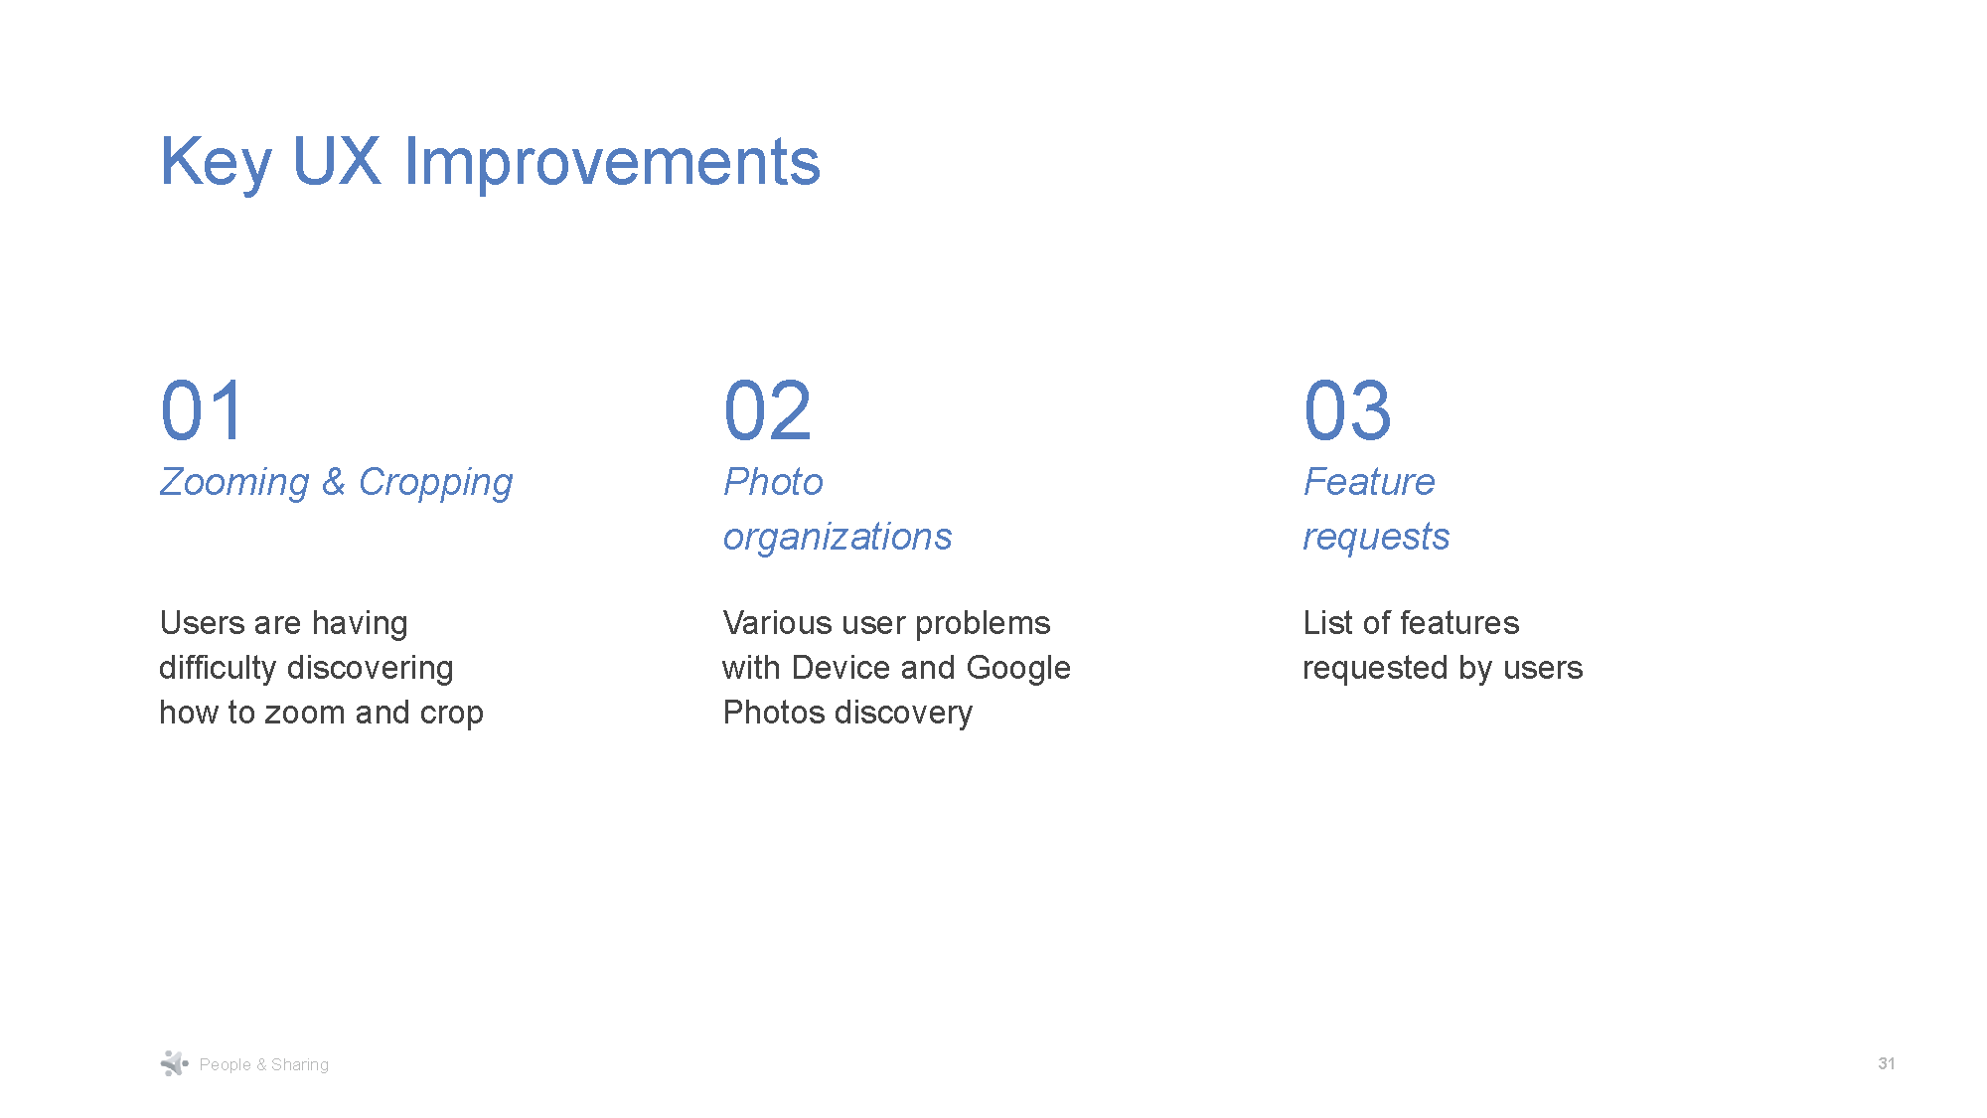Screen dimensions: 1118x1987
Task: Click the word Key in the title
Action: click(x=215, y=162)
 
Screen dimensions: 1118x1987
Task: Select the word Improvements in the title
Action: click(x=612, y=162)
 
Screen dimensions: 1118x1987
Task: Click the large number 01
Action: click(x=202, y=410)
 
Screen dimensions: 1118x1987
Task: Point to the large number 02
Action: click(x=767, y=410)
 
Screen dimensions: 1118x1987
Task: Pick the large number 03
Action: click(x=1347, y=410)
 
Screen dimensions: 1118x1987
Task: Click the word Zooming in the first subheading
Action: click(x=234, y=483)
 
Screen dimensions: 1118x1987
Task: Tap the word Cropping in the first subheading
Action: click(x=435, y=483)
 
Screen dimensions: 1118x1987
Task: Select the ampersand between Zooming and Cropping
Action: click(x=333, y=482)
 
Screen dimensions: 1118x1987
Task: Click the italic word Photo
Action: click(x=773, y=482)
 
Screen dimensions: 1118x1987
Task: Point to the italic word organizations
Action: click(x=837, y=538)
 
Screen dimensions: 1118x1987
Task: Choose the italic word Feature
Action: click(x=1369, y=482)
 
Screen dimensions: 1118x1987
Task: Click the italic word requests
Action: click(x=1376, y=538)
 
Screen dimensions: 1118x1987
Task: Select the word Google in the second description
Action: click(x=1018, y=668)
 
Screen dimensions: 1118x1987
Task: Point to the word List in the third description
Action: click(x=1327, y=623)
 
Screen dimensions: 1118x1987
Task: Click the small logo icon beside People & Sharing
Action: click(x=174, y=1063)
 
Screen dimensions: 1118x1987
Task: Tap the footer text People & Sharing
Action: click(x=263, y=1064)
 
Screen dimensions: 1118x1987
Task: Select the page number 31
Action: click(x=1886, y=1063)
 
